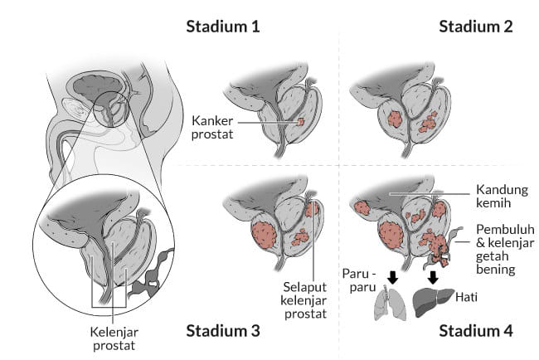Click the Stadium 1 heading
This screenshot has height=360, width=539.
pyautogui.click(x=222, y=26)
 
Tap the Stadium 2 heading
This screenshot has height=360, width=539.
pyautogui.click(x=475, y=26)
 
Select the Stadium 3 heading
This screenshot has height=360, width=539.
pyautogui.click(x=222, y=331)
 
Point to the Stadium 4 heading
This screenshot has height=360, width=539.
pyautogui.click(x=475, y=331)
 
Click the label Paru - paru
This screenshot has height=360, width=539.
pyautogui.click(x=359, y=279)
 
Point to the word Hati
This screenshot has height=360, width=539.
pyautogui.click(x=474, y=294)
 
